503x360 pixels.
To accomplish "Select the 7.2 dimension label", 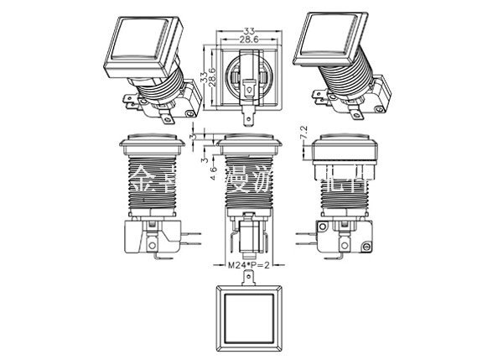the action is pos(306,131).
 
